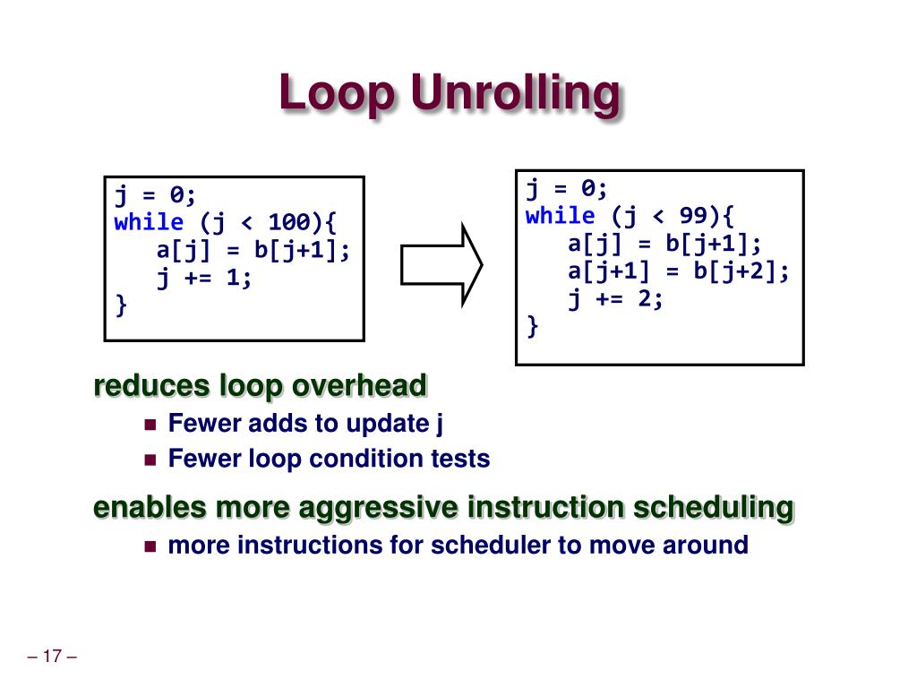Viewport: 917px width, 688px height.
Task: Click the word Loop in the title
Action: [336, 94]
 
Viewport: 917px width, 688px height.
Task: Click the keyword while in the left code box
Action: [149, 222]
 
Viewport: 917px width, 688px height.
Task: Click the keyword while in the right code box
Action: [560, 216]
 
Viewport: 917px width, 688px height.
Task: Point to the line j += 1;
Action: [205, 278]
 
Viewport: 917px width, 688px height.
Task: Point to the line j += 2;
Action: [616, 299]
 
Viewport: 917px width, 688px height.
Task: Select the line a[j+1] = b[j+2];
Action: [679, 271]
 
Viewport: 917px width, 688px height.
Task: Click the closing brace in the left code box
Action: [121, 305]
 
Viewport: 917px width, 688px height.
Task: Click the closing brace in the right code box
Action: [533, 327]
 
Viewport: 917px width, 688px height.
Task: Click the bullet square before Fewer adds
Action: [150, 424]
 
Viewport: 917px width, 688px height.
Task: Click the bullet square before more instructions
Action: [150, 546]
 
